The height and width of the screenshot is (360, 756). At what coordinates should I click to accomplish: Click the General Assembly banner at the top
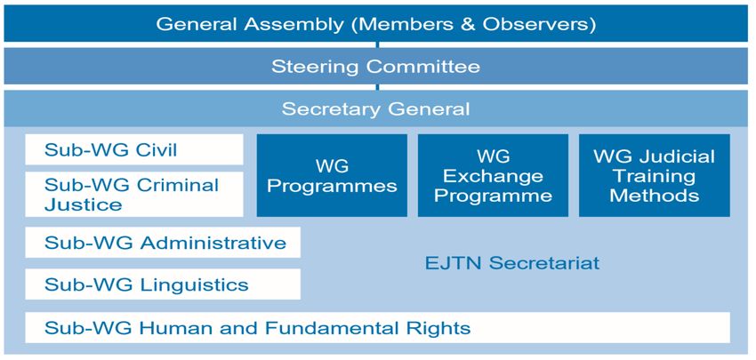pos(377,23)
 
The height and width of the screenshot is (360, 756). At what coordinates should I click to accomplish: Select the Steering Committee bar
pos(377,66)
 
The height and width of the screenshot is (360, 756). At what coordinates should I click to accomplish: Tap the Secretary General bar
pos(377,108)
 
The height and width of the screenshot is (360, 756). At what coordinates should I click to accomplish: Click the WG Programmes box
pos(332,175)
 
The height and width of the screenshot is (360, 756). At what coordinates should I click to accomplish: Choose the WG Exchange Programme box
pos(493,175)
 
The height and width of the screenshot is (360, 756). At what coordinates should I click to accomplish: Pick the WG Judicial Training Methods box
pos(655,175)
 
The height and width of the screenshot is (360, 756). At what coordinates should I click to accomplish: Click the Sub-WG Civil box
pos(134,149)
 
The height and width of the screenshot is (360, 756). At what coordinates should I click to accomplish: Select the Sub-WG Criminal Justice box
pos(134,194)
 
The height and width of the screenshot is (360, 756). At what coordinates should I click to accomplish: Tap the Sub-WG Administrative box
pos(163,243)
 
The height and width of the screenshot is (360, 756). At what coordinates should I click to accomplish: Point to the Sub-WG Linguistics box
pos(163,284)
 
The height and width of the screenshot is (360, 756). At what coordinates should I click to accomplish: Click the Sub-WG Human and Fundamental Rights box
pos(377,328)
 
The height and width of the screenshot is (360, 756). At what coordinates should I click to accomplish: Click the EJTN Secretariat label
pos(512,263)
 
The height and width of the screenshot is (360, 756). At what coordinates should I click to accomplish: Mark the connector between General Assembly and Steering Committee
pos(377,44)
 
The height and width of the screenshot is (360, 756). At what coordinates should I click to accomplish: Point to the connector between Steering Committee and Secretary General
pos(377,87)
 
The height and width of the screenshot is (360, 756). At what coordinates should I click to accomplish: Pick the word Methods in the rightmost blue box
pos(655,196)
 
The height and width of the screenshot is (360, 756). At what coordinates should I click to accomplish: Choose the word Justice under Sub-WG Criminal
pos(83,204)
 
